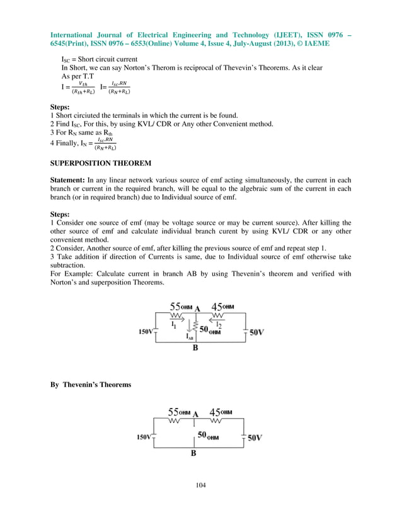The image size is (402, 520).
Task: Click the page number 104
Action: tap(201, 485)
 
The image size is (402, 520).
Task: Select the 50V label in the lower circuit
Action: tap(254, 437)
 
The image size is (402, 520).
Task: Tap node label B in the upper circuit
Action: tap(195, 347)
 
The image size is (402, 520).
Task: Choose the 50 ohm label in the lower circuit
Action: tap(209, 435)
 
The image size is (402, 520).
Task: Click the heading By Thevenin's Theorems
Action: tap(91, 384)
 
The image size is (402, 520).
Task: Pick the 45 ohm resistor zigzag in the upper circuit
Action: tap(218, 314)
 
